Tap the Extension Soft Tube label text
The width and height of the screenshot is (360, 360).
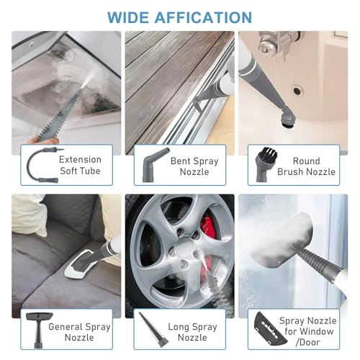point(80,165)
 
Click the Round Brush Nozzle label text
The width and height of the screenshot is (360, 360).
point(310,166)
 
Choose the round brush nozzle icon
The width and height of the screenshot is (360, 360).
point(265,166)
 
